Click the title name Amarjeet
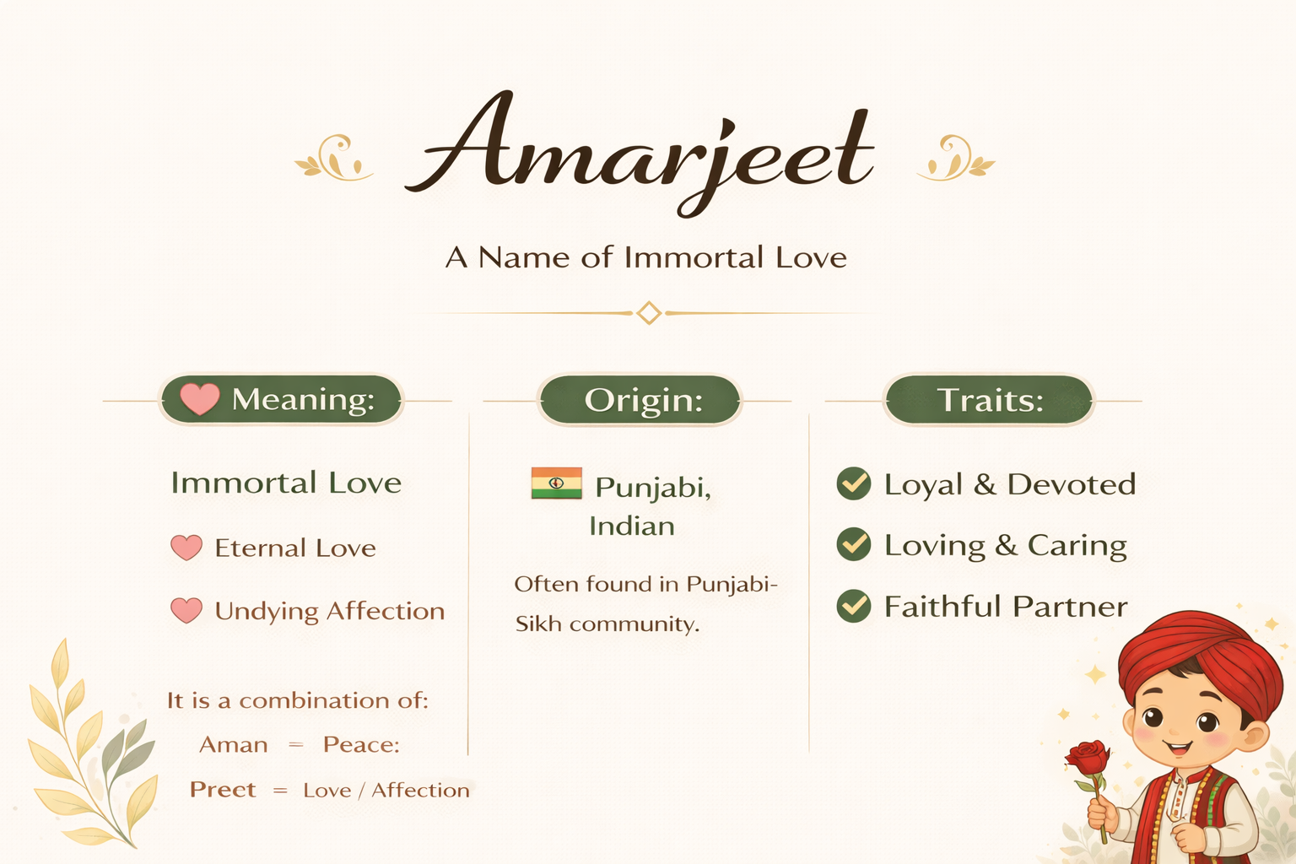(x=640, y=154)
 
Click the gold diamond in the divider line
(x=649, y=313)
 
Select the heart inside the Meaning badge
(x=200, y=399)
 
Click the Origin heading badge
(x=640, y=400)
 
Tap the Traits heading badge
(x=990, y=400)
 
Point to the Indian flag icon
(x=557, y=483)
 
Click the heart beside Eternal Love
(x=186, y=548)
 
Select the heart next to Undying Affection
(x=186, y=611)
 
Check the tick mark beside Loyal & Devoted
(x=853, y=483)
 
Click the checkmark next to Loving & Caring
(x=853, y=544)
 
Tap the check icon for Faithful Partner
(x=853, y=606)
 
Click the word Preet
(x=223, y=790)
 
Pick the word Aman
(x=234, y=745)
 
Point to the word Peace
(x=360, y=745)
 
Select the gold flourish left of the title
(x=334, y=158)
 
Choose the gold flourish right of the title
(x=956, y=158)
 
